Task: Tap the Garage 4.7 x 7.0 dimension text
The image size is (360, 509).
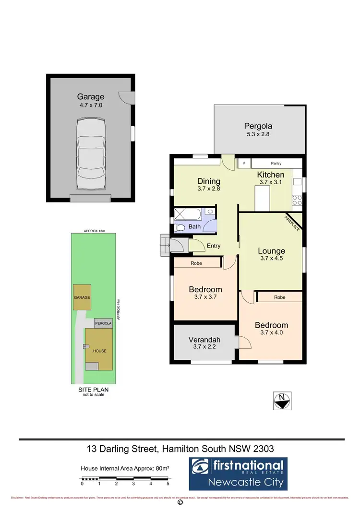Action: (91, 105)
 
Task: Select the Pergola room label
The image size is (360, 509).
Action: (259, 127)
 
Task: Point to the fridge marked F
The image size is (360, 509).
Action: (244, 164)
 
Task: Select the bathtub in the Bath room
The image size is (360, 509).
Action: (189, 213)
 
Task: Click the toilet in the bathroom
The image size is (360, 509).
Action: (179, 227)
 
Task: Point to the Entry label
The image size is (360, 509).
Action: (214, 246)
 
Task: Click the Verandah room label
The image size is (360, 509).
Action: (204, 340)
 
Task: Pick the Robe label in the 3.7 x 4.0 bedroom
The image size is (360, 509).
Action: (280, 297)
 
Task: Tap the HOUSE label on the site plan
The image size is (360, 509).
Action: (100, 351)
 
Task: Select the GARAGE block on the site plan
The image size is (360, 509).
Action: (82, 297)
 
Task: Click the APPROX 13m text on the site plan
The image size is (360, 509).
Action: (94, 231)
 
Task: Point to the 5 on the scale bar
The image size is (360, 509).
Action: (168, 484)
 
